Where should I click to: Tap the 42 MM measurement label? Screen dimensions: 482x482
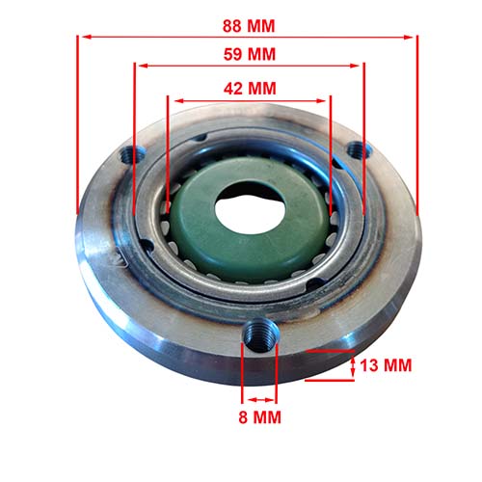(249, 88)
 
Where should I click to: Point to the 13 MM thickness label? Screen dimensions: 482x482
(387, 366)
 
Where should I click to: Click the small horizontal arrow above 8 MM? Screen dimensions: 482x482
(258, 398)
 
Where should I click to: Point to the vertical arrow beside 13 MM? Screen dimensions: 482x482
(353, 365)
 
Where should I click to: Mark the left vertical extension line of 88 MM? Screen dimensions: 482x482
(76, 116)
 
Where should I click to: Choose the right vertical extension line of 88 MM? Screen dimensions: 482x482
(417, 116)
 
